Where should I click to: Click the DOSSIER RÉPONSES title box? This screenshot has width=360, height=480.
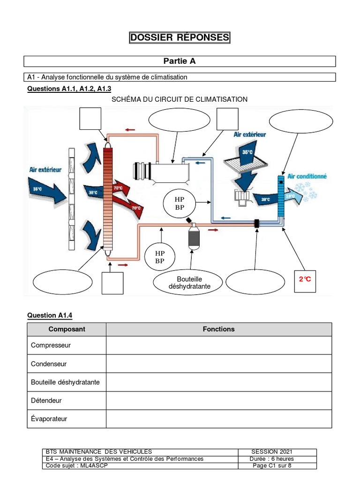(180, 38)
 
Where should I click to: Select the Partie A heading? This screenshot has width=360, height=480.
(180, 61)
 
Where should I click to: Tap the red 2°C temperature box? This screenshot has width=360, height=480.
(305, 280)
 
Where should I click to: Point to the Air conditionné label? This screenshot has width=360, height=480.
(307, 177)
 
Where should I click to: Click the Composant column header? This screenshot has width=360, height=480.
(67, 329)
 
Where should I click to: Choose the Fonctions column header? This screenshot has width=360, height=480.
(218, 329)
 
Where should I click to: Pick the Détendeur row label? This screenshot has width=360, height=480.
(46, 401)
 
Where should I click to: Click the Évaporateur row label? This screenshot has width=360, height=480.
(49, 419)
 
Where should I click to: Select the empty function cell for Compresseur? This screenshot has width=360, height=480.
(218, 345)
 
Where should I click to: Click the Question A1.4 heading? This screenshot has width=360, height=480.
(50, 315)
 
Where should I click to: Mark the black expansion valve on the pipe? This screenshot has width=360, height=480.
(256, 224)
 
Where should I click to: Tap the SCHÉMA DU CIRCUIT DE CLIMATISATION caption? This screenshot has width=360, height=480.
(180, 99)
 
